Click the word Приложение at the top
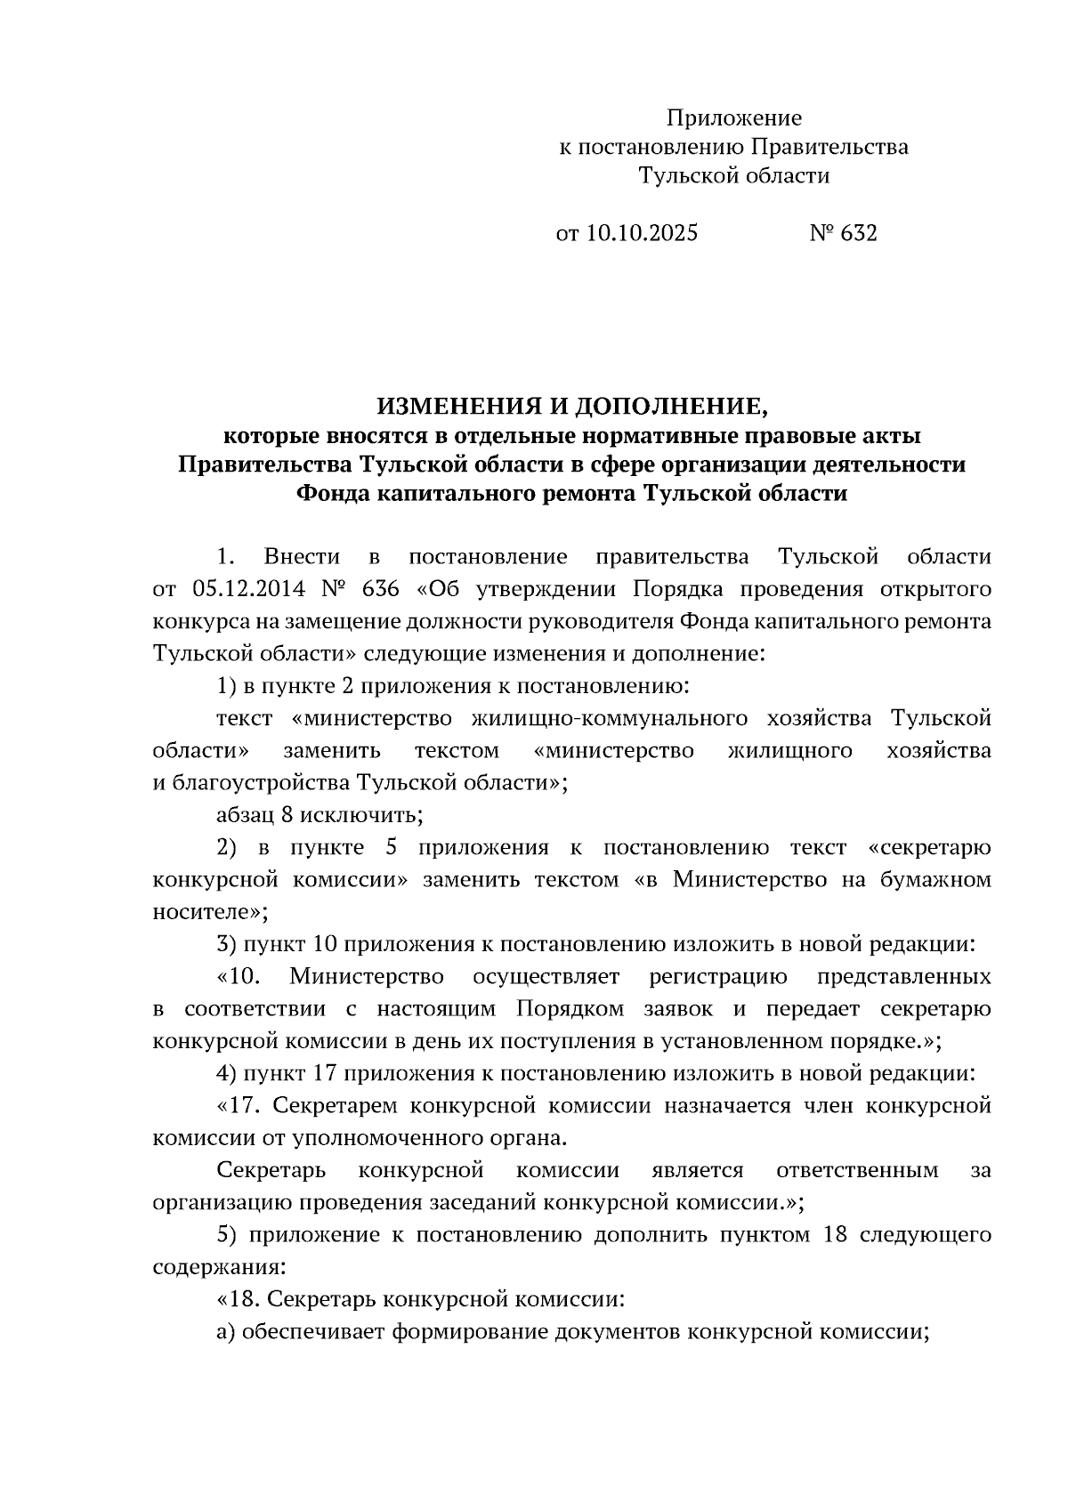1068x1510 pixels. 734,118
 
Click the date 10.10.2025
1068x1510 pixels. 641,233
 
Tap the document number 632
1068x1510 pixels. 858,233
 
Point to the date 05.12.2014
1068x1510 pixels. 247,589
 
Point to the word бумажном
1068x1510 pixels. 935,879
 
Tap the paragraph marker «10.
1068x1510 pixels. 239,976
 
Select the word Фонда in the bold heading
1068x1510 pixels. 332,493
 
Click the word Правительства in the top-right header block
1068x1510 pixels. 829,147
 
